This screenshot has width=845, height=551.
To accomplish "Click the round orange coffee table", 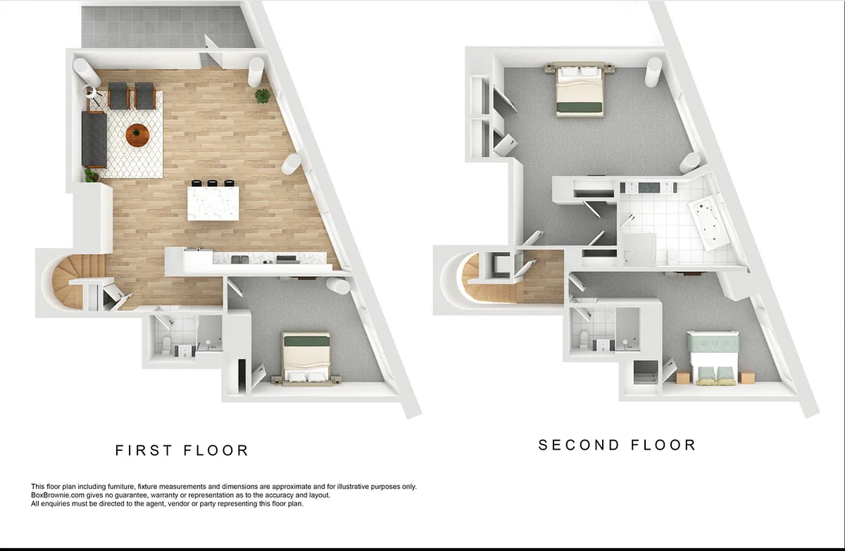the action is [x=137, y=135].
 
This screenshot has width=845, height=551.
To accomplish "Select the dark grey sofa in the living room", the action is [x=94, y=140].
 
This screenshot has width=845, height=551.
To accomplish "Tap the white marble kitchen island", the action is [x=213, y=203].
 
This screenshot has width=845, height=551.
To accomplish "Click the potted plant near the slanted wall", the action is [x=263, y=96].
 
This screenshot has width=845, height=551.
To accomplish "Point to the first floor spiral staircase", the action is [x=72, y=281].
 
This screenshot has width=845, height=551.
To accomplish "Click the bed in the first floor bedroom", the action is [x=306, y=358].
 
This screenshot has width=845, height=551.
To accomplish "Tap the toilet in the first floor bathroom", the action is [x=166, y=345].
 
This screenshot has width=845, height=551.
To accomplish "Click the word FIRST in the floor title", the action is [x=144, y=450].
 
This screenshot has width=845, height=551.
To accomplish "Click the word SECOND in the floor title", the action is [x=579, y=445].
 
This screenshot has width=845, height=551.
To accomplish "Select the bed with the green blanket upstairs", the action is [x=580, y=89].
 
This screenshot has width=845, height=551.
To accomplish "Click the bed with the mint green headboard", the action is [x=713, y=358].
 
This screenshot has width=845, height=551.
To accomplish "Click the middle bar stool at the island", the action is [x=213, y=183].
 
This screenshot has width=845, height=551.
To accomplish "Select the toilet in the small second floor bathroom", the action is [x=584, y=338].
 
